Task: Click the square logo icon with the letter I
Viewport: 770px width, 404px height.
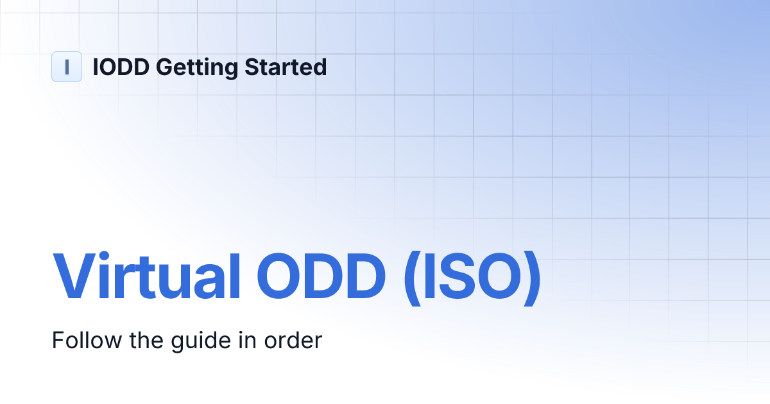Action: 67,67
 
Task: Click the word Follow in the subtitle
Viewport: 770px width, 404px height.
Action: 81,340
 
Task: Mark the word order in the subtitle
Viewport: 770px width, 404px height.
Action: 293,340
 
